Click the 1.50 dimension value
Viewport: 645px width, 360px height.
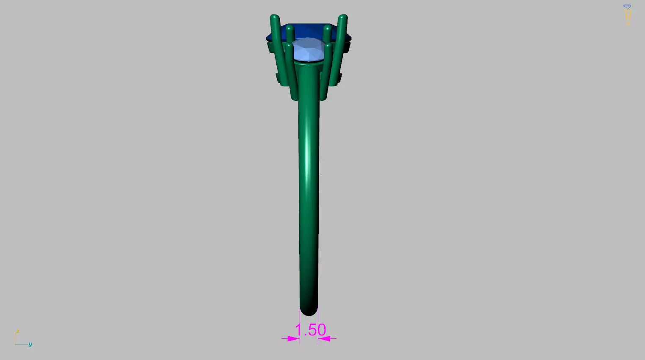point(310,330)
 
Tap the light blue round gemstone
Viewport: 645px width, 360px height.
point(308,50)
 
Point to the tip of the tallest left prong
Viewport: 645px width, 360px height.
point(275,18)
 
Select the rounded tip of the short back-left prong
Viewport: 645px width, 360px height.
point(290,28)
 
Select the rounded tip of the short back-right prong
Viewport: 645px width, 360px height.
point(327,28)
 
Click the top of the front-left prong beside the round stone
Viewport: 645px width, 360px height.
point(289,46)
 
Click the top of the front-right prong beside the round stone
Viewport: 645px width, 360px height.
point(328,46)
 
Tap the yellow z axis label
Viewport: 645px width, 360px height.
point(18,331)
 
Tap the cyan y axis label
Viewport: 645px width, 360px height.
point(30,344)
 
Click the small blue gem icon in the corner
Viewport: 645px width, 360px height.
point(627,6)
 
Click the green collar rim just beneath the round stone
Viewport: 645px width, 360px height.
point(308,64)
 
